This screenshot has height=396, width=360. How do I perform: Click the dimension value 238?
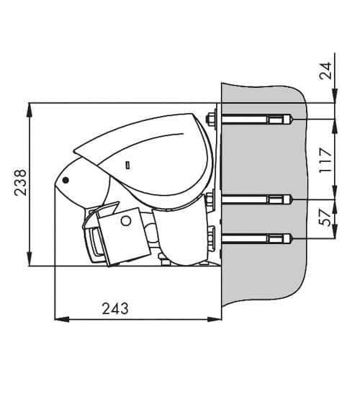pyautogui.click(x=20, y=183)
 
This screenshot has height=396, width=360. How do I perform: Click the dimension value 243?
pyautogui.click(x=115, y=308)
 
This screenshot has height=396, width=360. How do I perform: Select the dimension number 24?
pyautogui.click(x=325, y=71)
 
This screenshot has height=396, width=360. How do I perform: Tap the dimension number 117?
pyautogui.click(x=325, y=160)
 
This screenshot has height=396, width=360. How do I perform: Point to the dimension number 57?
pyautogui.click(x=325, y=217)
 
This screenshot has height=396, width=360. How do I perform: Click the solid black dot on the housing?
pyautogui.click(x=66, y=180)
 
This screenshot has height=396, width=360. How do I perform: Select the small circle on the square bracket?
pyautogui.click(x=126, y=221)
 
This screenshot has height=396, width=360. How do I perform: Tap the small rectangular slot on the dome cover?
pyautogui.click(x=128, y=165)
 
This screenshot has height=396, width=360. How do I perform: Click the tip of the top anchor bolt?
pyautogui.click(x=292, y=119)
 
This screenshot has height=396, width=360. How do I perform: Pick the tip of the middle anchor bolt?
pyautogui.click(x=292, y=199)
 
